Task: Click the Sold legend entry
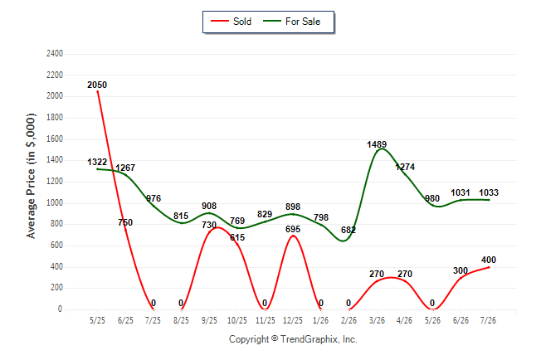point(231,22)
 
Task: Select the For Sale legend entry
point(291,22)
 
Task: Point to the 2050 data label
point(97,85)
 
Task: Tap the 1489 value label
point(377,144)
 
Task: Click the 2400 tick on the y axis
point(55,54)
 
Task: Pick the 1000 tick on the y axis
point(55,202)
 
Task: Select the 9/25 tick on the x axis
point(209,320)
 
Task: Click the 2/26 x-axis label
point(348,320)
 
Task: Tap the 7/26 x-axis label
point(488,320)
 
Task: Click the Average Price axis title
point(31,176)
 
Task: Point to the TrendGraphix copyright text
point(293,339)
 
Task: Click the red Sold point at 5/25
point(98,91)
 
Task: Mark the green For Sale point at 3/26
point(377,151)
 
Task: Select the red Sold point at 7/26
point(489,267)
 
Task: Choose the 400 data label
point(489,260)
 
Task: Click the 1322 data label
point(97,162)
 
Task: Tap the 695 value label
point(293,229)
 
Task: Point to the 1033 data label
point(489,192)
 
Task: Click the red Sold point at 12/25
point(293,236)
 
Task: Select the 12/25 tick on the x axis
point(293,320)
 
